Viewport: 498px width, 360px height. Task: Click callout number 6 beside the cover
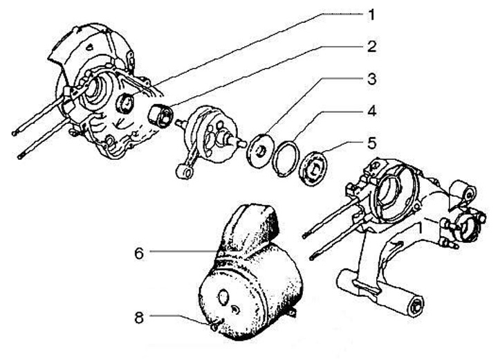tap(138, 253)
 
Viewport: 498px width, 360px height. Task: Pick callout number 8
tap(138, 318)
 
